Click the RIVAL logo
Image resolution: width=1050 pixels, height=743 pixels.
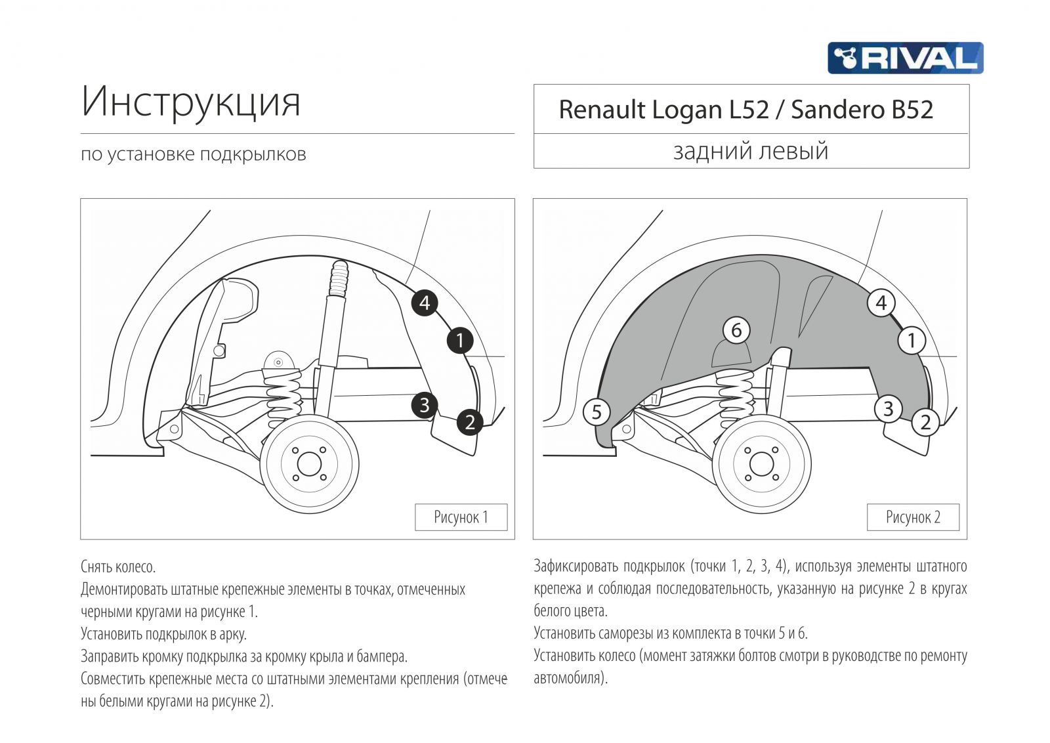[905, 58]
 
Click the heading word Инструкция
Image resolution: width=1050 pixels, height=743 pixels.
[191, 102]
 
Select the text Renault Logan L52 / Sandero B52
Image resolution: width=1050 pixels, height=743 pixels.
[745, 110]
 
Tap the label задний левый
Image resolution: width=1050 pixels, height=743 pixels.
[751, 151]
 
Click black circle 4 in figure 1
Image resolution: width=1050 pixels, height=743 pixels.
[425, 303]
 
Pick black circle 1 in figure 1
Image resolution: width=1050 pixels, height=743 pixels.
[460, 340]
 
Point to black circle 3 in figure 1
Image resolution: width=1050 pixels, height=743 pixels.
[425, 405]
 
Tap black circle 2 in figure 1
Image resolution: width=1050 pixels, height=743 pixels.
[469, 421]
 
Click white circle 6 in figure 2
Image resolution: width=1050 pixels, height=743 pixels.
[736, 329]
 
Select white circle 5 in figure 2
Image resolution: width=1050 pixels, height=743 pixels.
[597, 412]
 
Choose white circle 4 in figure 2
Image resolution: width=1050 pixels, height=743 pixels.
[881, 303]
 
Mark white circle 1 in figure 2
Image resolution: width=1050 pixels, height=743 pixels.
[912, 340]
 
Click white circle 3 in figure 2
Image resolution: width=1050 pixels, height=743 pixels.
[888, 408]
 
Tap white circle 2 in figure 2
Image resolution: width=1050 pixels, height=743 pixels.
[925, 421]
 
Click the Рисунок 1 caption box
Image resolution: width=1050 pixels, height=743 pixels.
[461, 517]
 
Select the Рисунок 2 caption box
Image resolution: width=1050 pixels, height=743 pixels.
[913, 517]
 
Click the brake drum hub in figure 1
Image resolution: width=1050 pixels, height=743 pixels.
[309, 464]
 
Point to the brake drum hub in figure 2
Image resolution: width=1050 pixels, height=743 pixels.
[761, 464]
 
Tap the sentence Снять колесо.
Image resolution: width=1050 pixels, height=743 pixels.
[118, 566]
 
